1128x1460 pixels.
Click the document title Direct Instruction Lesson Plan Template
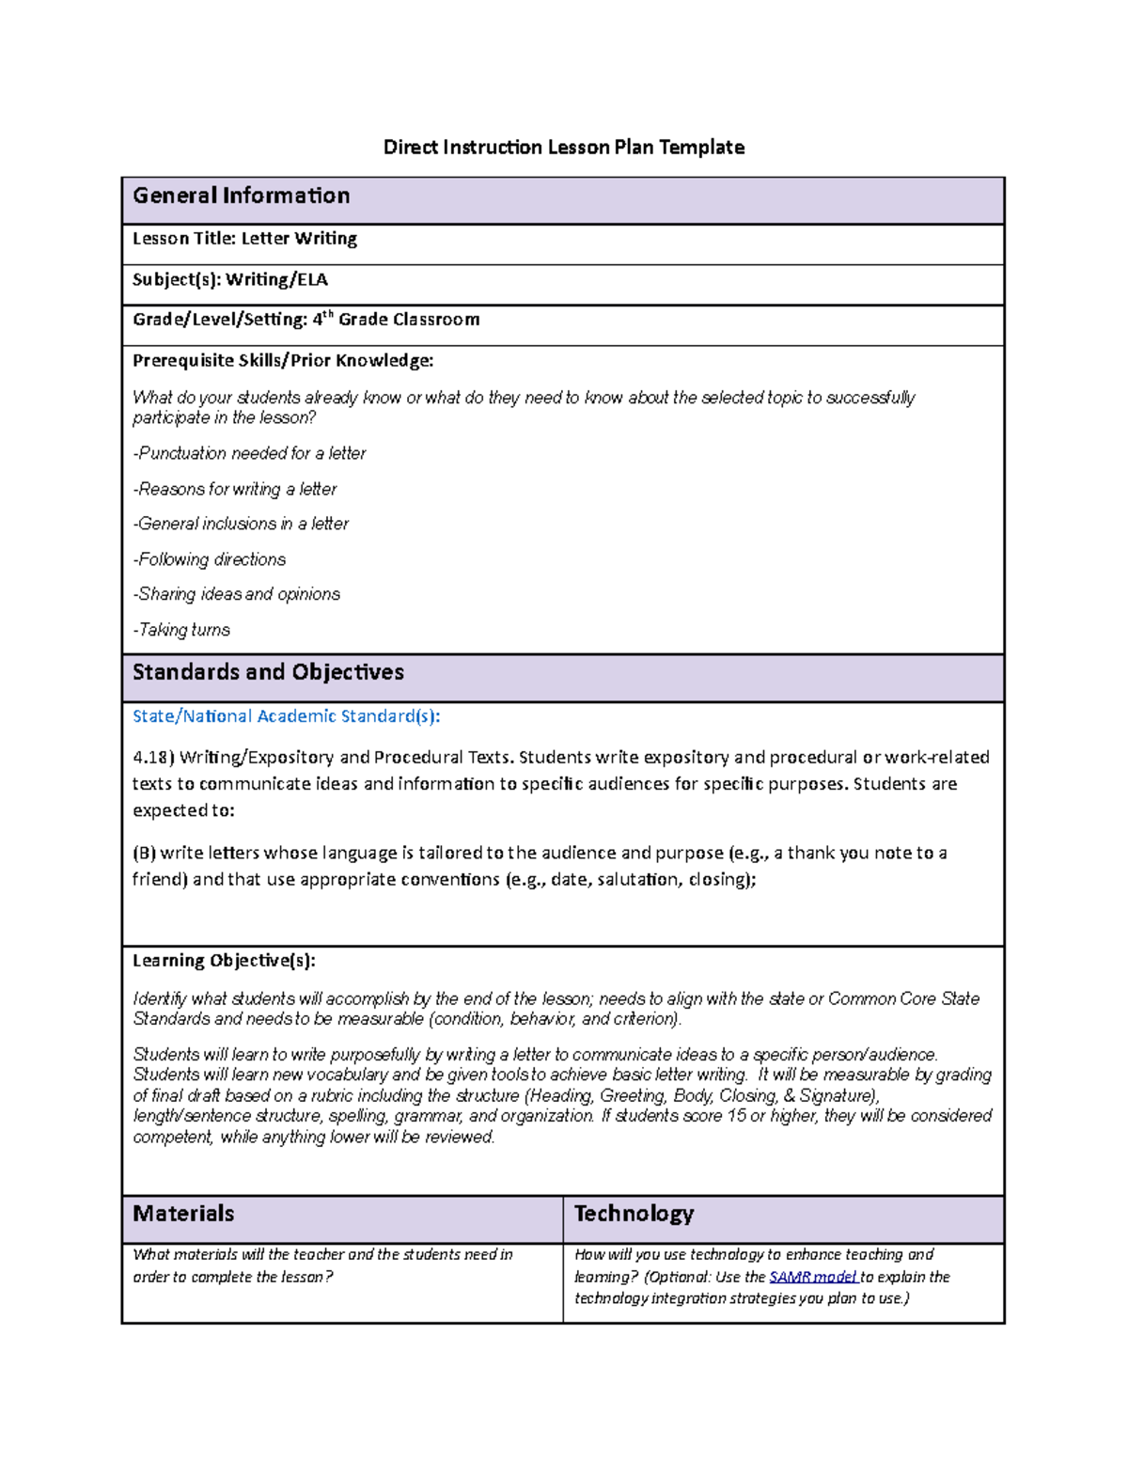point(563,148)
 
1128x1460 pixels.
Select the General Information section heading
point(242,196)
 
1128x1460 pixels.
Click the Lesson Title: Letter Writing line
point(244,239)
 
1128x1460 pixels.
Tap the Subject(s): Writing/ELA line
point(230,280)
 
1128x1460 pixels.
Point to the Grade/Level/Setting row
point(305,320)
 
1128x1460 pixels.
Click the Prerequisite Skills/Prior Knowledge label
point(283,361)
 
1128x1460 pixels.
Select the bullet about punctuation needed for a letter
point(249,453)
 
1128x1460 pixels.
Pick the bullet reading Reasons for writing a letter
point(234,489)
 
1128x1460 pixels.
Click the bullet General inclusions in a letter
point(241,524)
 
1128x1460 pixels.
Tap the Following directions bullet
point(209,559)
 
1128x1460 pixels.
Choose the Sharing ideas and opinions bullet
point(236,594)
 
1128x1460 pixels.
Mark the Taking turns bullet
point(181,630)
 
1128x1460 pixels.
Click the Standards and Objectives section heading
point(268,672)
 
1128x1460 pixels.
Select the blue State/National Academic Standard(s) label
point(286,716)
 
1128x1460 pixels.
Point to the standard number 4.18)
point(153,758)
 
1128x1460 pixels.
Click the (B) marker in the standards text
point(144,854)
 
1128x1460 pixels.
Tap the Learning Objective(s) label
point(224,961)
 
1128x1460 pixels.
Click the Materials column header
point(183,1214)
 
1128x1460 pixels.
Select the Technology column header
point(634,1214)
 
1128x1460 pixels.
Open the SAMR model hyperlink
point(812,1277)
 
